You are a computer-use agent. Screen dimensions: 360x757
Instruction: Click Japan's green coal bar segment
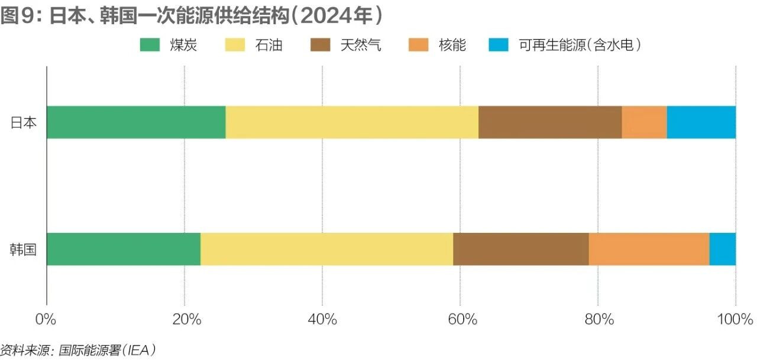136,122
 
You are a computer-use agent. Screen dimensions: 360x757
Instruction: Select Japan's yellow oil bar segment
352,122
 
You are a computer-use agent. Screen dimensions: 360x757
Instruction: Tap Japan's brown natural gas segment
550,122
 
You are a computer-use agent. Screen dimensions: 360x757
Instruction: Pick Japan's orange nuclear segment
644,122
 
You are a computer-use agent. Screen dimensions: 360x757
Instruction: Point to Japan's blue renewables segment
701,122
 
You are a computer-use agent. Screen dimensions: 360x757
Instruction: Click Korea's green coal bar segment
124,249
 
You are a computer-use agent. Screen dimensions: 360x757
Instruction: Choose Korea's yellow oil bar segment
327,249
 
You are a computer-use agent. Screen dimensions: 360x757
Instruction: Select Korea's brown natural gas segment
521,249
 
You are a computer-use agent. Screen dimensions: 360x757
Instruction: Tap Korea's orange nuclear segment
649,249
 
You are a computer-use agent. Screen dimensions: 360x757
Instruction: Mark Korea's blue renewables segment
723,249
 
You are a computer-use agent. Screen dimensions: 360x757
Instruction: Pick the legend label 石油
268,46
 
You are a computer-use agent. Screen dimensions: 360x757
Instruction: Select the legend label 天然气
361,46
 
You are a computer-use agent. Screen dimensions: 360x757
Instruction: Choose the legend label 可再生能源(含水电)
580,46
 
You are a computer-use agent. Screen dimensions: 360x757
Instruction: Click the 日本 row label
24,122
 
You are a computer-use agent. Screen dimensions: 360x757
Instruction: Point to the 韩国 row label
24,249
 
